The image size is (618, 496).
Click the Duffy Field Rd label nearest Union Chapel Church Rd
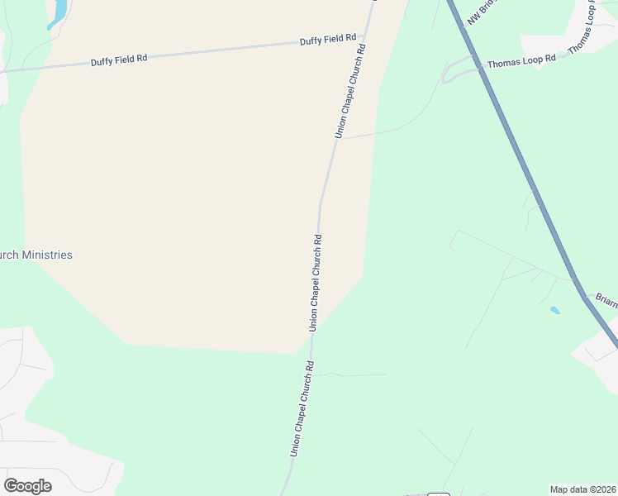tap(328, 39)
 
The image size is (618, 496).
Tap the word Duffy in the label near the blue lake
tap(102, 60)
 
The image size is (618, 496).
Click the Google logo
tap(28, 486)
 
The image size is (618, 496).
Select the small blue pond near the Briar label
tap(554, 311)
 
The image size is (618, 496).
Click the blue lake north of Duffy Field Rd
tap(59, 12)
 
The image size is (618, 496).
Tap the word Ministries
tap(47, 255)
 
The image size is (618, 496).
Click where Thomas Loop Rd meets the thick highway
tap(481, 65)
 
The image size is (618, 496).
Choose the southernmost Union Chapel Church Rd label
tap(301, 408)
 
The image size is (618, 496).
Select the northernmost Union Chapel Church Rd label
tap(349, 92)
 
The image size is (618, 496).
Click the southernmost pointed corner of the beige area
tap(295, 354)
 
